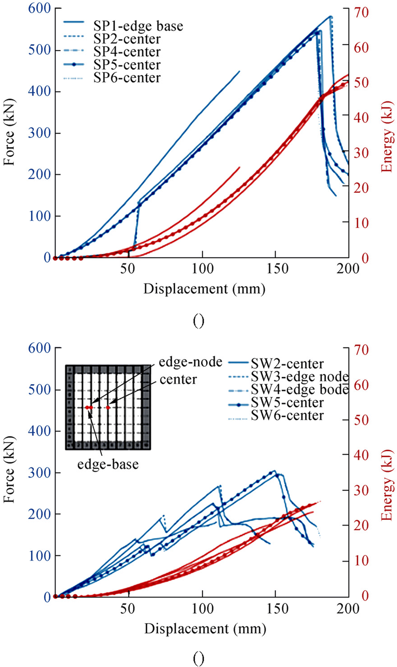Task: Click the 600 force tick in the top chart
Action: (x=39, y=8)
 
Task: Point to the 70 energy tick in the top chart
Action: (x=361, y=12)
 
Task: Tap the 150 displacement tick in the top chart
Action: (x=277, y=268)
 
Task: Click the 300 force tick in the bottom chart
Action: (x=39, y=473)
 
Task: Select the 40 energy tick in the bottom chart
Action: (x=361, y=455)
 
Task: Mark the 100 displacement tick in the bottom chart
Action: (x=203, y=608)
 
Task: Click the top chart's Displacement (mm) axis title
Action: (x=205, y=289)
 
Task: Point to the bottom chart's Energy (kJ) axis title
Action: (x=387, y=485)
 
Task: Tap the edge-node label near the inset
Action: (x=190, y=362)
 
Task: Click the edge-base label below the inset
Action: (x=108, y=465)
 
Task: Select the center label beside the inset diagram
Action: (x=178, y=380)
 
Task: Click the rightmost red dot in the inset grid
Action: (x=108, y=408)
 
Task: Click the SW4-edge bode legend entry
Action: (x=300, y=390)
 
